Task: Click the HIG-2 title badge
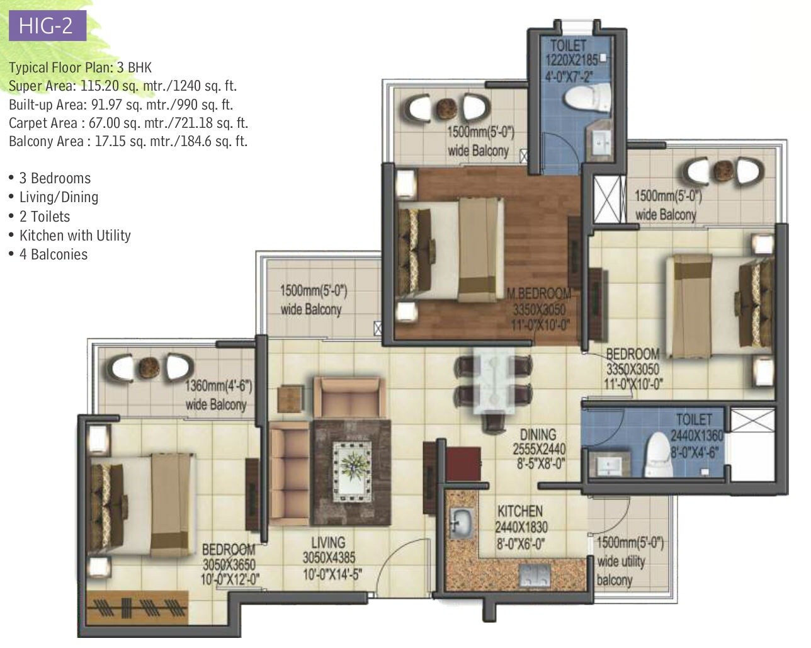(x=45, y=26)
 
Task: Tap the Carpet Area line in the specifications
(x=128, y=123)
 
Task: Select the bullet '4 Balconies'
(x=53, y=254)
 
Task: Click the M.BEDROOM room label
(x=539, y=293)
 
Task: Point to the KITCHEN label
(x=520, y=511)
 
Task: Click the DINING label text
(x=538, y=435)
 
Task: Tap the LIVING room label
(x=328, y=542)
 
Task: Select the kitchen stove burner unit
(x=535, y=575)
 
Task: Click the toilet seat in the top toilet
(x=589, y=98)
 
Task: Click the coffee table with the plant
(x=352, y=467)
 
